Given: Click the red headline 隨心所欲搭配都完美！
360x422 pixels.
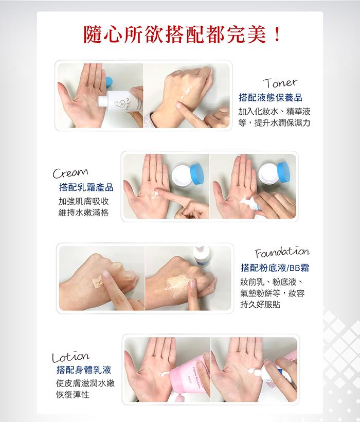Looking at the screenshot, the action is click(x=182, y=34).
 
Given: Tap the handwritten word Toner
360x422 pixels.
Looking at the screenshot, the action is click(x=280, y=83).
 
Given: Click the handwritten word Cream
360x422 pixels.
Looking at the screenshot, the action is click(x=70, y=173).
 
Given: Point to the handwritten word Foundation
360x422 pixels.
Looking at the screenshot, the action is click(x=282, y=252).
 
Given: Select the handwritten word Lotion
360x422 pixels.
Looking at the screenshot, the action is click(x=70, y=357).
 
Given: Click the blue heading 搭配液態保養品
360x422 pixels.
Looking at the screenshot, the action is click(x=271, y=97).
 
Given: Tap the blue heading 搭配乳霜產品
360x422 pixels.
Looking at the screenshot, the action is click(x=86, y=187).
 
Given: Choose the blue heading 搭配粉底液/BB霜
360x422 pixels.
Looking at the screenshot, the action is click(x=275, y=268).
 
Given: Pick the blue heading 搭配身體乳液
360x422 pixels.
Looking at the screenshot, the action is click(x=84, y=370).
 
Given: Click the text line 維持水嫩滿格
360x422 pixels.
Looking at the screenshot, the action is click(x=84, y=213).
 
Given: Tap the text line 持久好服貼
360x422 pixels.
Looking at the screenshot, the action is click(x=260, y=304).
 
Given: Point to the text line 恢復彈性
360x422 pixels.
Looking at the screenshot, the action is click(x=73, y=395).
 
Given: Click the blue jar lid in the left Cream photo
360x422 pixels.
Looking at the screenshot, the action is click(x=199, y=173).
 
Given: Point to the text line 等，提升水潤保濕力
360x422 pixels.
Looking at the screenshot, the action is click(x=274, y=123).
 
